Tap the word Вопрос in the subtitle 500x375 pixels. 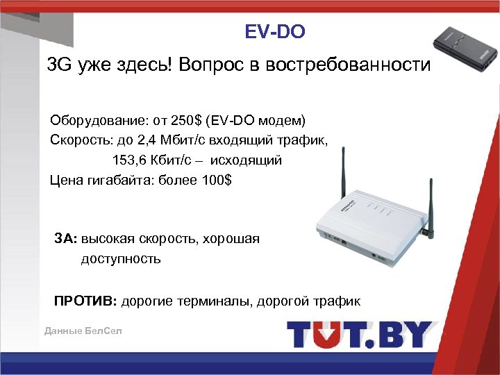pyautogui.click(x=208, y=66)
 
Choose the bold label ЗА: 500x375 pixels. pyautogui.click(x=66, y=239)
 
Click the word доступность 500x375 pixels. pyautogui.click(x=121, y=259)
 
